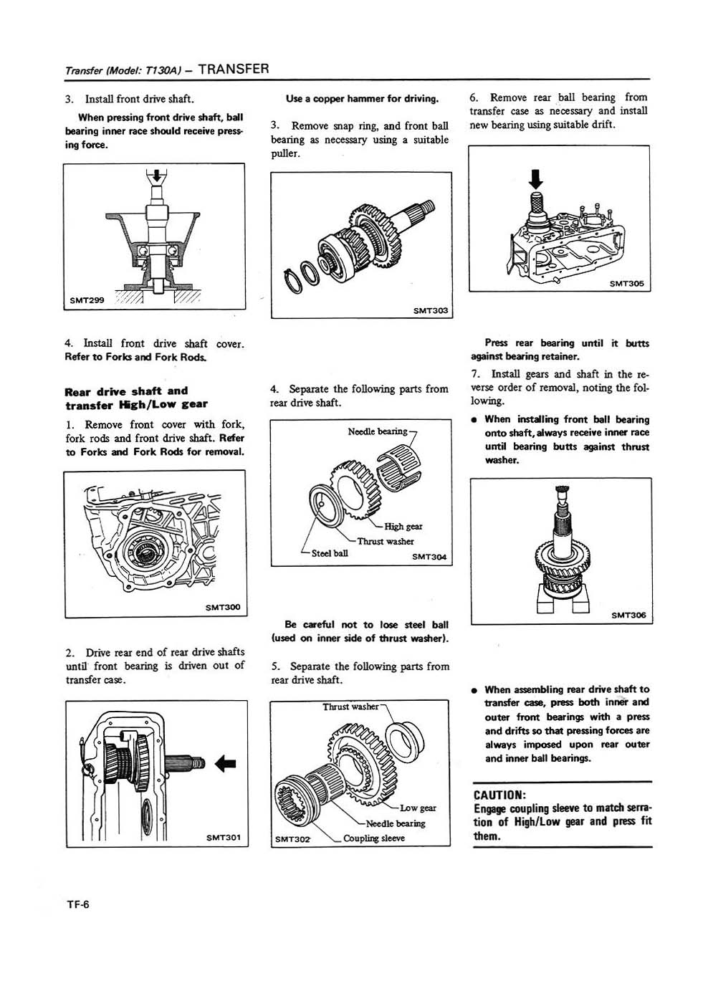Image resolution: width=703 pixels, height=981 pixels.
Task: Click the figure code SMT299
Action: [85, 300]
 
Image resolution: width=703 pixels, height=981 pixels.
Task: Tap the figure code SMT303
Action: [430, 310]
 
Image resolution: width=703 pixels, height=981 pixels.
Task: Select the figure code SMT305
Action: [627, 284]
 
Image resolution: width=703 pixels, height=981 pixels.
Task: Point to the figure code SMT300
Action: [222, 608]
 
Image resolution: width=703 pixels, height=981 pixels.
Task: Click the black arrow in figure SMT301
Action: [225, 763]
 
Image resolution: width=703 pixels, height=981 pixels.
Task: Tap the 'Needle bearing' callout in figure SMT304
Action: [377, 431]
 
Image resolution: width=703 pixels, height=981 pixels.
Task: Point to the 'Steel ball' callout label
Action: [330, 553]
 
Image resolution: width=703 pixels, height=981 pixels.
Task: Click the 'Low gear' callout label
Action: [419, 808]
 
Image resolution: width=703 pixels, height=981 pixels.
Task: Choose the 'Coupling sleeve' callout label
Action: [373, 838]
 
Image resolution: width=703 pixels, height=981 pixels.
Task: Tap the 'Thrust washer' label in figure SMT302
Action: [350, 707]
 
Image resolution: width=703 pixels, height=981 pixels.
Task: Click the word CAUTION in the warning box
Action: [500, 795]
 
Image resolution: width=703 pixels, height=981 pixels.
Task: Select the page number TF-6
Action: [77, 904]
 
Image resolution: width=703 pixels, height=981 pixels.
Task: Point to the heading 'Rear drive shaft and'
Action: [126, 391]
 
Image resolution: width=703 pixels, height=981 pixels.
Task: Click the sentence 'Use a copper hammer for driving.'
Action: [362, 98]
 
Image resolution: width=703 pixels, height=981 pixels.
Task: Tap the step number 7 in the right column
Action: [475, 374]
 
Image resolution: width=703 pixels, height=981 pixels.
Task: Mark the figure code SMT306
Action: [628, 615]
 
